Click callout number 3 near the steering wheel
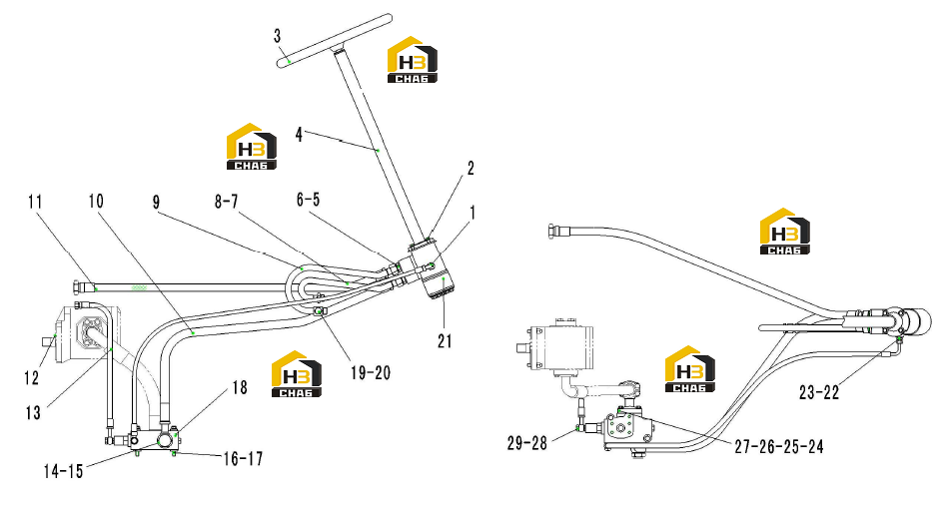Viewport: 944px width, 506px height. [277, 36]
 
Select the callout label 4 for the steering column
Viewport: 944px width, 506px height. [299, 134]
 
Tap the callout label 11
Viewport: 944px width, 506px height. [36, 202]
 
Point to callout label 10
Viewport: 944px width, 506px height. [96, 201]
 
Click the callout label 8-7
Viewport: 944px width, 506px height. [227, 202]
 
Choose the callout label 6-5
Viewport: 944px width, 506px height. [309, 200]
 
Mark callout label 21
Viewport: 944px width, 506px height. [445, 341]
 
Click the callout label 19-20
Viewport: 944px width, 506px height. [371, 373]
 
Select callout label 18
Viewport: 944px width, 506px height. [240, 387]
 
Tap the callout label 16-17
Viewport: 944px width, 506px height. [243, 459]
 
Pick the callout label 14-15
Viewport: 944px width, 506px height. [63, 471]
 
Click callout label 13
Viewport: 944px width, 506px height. [33, 413]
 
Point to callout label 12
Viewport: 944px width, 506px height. [31, 378]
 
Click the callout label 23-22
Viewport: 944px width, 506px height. [819, 392]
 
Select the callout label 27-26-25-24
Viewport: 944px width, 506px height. [779, 446]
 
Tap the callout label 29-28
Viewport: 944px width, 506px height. [526, 443]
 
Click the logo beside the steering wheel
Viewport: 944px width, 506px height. [413, 60]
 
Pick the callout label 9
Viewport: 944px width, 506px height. [156, 203]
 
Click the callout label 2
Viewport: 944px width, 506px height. [471, 169]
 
